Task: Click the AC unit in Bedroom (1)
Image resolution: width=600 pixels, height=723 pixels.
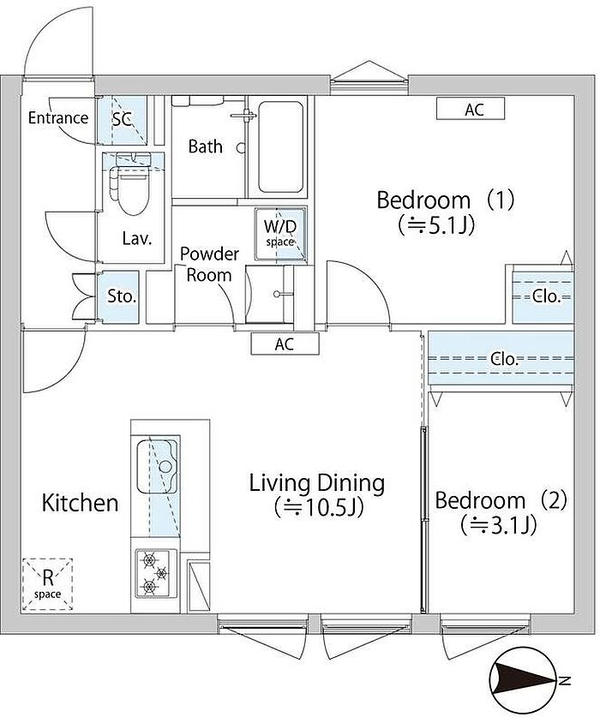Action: (x=471, y=110)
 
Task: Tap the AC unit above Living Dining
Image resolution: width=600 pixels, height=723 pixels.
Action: (x=285, y=344)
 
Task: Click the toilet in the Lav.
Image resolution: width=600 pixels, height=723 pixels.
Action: (x=129, y=184)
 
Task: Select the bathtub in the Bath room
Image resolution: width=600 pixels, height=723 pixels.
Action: (x=280, y=147)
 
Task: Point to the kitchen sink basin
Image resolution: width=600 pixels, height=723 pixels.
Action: (x=158, y=467)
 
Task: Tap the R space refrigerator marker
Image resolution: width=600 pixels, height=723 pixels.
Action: (x=47, y=585)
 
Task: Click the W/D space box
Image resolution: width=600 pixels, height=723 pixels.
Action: (x=280, y=234)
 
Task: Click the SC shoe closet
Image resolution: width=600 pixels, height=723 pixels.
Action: (x=123, y=120)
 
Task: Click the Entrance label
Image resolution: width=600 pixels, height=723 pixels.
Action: (x=58, y=118)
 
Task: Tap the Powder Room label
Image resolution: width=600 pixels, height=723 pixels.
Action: (x=209, y=264)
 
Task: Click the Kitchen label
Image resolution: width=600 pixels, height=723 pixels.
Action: (x=81, y=503)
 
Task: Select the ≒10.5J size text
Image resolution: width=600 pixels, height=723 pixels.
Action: (x=319, y=508)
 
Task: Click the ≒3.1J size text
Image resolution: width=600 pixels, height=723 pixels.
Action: (x=499, y=525)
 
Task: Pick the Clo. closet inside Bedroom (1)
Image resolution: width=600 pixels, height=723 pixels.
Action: (x=543, y=297)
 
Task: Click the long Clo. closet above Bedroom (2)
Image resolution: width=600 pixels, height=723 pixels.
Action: (x=501, y=358)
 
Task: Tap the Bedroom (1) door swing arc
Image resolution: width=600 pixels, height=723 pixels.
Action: (x=369, y=280)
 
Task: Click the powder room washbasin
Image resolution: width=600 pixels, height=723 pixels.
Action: (x=270, y=294)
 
